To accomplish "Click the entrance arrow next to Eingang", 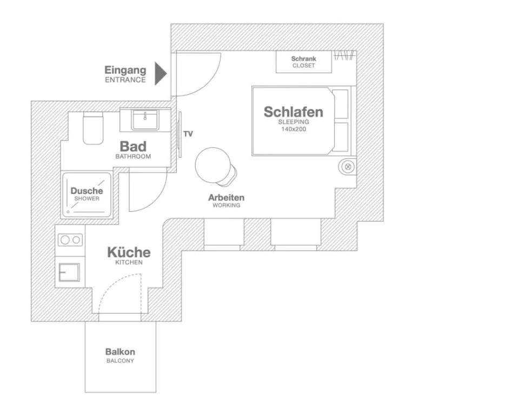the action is click(x=161, y=74).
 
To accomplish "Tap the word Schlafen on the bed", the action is click(x=293, y=112).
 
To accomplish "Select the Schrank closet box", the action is click(x=304, y=62).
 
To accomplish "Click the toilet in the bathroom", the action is click(x=93, y=128).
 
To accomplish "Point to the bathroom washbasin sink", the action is click(x=145, y=120).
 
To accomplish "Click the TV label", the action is click(x=188, y=134).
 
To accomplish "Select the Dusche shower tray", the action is click(x=87, y=195).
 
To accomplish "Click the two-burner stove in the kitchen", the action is click(x=70, y=240).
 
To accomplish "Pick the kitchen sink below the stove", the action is click(x=69, y=272).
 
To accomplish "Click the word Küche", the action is click(x=129, y=252).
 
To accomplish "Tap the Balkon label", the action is click(x=120, y=352).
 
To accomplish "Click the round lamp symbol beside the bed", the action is click(x=348, y=167).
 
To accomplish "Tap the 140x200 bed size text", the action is click(x=294, y=129).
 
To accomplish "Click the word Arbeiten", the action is click(x=226, y=198).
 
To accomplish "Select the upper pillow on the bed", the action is click(x=341, y=104).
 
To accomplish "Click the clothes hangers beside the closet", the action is click(x=344, y=55).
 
